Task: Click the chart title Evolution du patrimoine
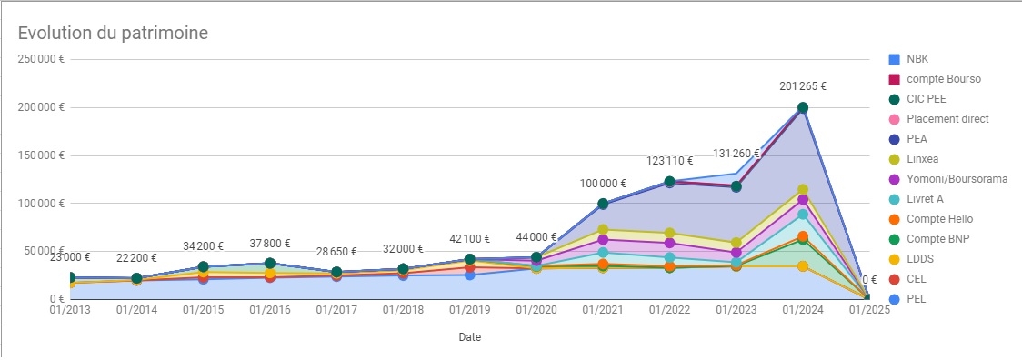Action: pyautogui.click(x=114, y=33)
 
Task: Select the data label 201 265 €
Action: pyautogui.click(x=802, y=86)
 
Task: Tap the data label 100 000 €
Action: pyautogui.click(x=603, y=184)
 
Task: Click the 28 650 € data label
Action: pyautogui.click(x=336, y=252)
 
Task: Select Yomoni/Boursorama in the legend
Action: pyautogui.click(x=957, y=179)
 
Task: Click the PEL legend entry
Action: pyautogui.click(x=918, y=299)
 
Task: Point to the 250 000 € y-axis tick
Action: pyautogui.click(x=37, y=59)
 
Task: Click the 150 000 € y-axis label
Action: pyautogui.click(x=37, y=155)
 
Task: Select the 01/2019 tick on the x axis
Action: pyautogui.click(x=469, y=311)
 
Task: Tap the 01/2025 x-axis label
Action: pyautogui.click(x=868, y=311)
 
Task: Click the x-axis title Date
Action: pyautogui.click(x=469, y=336)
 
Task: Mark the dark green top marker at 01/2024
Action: pyautogui.click(x=802, y=108)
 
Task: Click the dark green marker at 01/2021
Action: pyautogui.click(x=603, y=204)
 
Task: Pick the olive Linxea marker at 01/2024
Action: pyautogui.click(x=802, y=190)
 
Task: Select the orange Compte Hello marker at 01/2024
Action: pyautogui.click(x=802, y=236)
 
